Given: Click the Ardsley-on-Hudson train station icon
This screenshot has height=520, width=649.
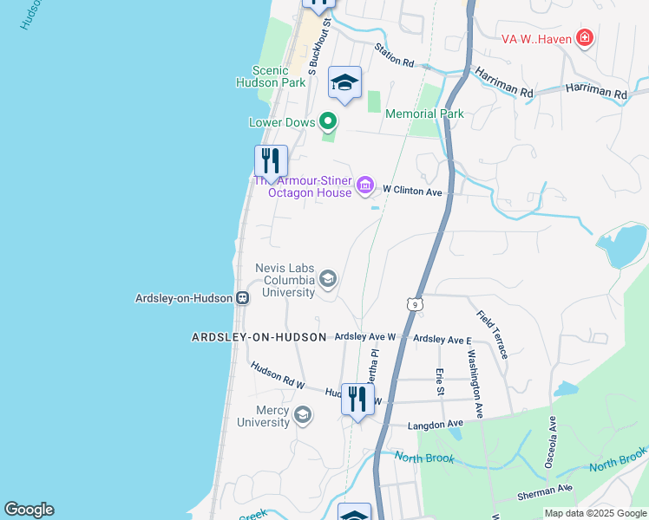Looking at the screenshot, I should pyautogui.click(x=243, y=297).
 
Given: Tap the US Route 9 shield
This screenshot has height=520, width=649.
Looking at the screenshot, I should pyautogui.click(x=416, y=304).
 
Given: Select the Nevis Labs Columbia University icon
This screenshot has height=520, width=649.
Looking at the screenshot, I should pyautogui.click(x=328, y=278).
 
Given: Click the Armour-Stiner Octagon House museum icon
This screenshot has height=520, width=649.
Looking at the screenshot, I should pyautogui.click(x=365, y=185).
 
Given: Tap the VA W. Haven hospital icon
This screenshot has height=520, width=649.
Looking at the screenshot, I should pyautogui.click(x=585, y=38).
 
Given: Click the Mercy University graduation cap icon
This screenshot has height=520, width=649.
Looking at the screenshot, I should pyautogui.click(x=302, y=415).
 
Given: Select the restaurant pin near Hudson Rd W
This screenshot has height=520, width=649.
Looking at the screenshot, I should pyautogui.click(x=357, y=400).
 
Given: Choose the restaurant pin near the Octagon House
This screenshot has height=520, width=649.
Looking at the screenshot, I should pyautogui.click(x=271, y=161).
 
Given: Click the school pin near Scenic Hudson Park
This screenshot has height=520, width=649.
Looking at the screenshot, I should pyautogui.click(x=344, y=83).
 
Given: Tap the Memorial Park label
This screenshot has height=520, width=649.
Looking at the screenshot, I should pyautogui.click(x=424, y=114).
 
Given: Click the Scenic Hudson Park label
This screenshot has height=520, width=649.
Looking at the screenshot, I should pyautogui.click(x=271, y=76).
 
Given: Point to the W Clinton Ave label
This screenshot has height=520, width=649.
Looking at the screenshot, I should pyautogui.click(x=413, y=190).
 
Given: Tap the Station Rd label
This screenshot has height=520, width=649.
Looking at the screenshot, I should pyautogui.click(x=395, y=57).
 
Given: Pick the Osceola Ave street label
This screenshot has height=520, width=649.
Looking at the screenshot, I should pyautogui.click(x=550, y=444).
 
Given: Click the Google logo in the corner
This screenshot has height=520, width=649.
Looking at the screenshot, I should pyautogui.click(x=29, y=510).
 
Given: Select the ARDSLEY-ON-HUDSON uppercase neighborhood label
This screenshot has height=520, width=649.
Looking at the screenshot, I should pyautogui.click(x=259, y=337).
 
